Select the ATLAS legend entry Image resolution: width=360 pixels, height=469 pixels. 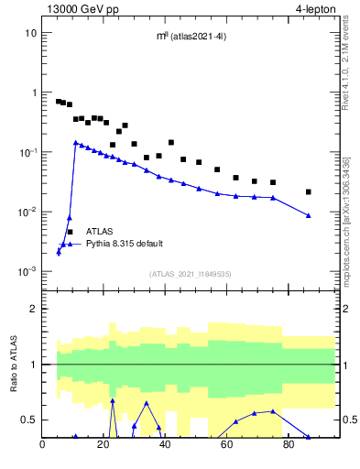point(100,232)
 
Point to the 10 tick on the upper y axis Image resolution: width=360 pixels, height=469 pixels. point(30,33)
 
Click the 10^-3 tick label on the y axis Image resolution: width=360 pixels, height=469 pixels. point(27,272)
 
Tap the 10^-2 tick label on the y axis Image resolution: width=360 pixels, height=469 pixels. point(27,213)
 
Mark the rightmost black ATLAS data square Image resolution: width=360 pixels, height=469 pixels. point(309,191)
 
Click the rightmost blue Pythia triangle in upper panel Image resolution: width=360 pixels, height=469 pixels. point(309,215)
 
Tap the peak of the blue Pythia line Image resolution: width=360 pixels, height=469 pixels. point(76,142)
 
